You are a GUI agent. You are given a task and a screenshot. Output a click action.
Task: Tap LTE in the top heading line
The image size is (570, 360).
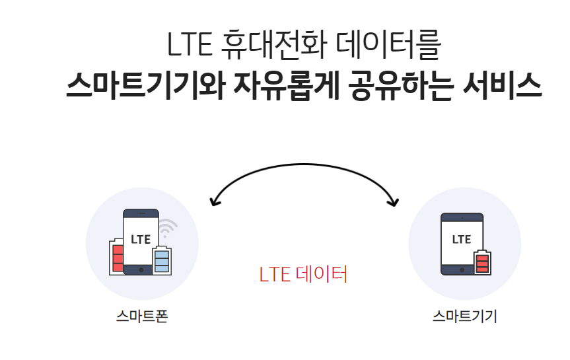[x=189, y=45]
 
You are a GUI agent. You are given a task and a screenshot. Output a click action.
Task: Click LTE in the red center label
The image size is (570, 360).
[x=275, y=274]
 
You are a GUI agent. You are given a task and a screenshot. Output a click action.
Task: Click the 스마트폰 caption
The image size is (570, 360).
[x=142, y=316]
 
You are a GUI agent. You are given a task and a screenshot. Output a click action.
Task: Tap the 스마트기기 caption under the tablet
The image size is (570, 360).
[x=465, y=316]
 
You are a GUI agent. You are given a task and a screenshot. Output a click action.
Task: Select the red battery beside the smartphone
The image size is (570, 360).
[x=118, y=256]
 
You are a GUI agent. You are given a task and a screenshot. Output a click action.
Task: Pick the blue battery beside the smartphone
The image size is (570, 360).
[x=161, y=260]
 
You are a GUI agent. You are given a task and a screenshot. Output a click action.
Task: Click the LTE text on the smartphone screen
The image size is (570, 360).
[x=141, y=239]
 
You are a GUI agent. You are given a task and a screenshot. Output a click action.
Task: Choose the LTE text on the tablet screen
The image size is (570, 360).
[x=462, y=239]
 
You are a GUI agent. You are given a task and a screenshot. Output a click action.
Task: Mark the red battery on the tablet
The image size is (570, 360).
[x=482, y=262]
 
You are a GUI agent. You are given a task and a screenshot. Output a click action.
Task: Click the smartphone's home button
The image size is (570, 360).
[x=141, y=270]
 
